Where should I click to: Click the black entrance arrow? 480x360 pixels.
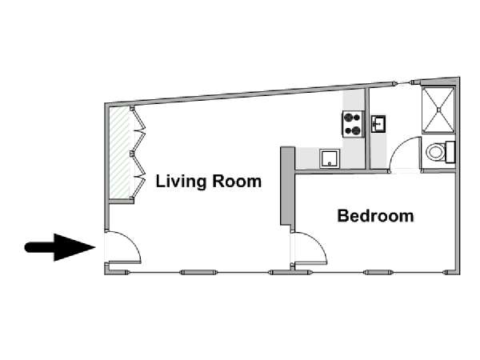(60, 247)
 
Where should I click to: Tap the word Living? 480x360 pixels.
(182, 182)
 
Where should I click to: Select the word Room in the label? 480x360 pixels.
(237, 182)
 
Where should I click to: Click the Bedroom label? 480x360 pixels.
(375, 216)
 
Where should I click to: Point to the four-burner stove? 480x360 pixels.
(353, 124)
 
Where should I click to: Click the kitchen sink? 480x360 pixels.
(330, 158)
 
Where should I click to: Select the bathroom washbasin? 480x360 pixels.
(378, 124)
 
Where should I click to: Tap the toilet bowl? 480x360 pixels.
(436, 152)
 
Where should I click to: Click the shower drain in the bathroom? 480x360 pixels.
(438, 110)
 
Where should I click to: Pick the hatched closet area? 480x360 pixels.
(119, 153)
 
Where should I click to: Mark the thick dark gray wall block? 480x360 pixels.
(287, 187)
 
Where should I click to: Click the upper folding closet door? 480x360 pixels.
(138, 129)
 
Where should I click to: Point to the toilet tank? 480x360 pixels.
(450, 152)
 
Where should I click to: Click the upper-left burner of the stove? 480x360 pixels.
(348, 118)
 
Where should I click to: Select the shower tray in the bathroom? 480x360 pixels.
(438, 110)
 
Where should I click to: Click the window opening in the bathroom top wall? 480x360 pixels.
(403, 83)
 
